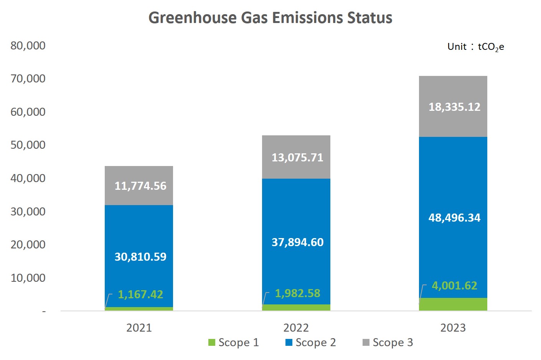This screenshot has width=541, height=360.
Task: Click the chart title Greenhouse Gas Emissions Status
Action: (270, 18)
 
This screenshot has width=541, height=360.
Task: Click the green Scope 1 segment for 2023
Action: (453, 304)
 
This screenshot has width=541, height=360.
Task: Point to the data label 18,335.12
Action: (454, 107)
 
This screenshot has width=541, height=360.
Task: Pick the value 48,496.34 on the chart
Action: (454, 218)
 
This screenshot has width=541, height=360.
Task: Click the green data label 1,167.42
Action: (140, 294)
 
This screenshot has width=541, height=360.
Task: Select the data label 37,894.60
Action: (297, 242)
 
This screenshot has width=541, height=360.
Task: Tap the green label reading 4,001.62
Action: (454, 286)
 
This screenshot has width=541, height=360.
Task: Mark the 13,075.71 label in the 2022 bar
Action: (297, 158)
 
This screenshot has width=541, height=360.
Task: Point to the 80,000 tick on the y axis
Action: (28, 46)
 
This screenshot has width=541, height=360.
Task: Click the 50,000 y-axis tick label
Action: (28, 145)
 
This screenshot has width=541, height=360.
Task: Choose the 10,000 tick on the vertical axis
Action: (28, 278)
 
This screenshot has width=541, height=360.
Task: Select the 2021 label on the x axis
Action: (139, 328)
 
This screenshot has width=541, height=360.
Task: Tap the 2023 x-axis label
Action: (453, 328)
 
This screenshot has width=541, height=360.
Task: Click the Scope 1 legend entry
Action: (233, 342)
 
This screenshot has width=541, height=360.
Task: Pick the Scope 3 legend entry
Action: (388, 342)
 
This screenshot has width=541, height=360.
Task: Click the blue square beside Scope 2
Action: (289, 342)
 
